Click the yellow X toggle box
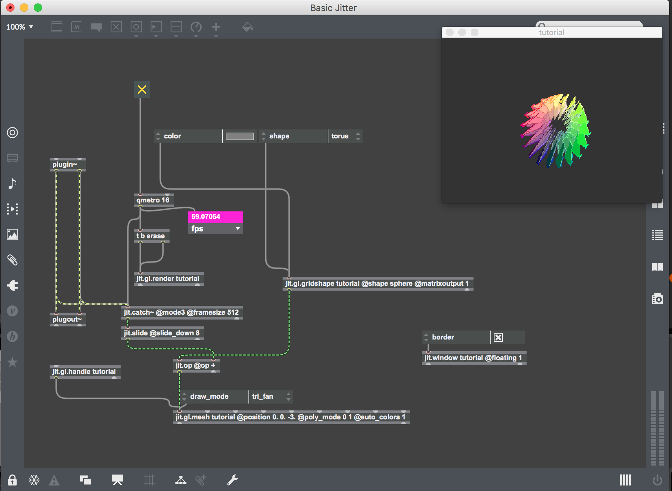[x=142, y=90]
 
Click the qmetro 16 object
[x=153, y=200]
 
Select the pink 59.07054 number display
[x=215, y=217]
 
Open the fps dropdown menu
[x=215, y=229]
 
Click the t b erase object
[x=151, y=236]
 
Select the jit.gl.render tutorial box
[x=168, y=279]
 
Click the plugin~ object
[x=65, y=165]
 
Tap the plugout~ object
[x=67, y=319]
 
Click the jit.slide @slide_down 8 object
[x=162, y=333]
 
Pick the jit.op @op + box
[x=195, y=365]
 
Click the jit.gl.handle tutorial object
[x=84, y=372]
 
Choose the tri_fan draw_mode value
[x=267, y=396]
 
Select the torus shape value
[x=341, y=136]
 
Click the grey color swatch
[x=240, y=136]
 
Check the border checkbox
[x=498, y=337]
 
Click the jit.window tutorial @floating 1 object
[x=473, y=358]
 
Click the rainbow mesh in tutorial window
[x=555, y=131]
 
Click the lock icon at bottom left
[x=12, y=480]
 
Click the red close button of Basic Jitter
[x=10, y=8]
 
